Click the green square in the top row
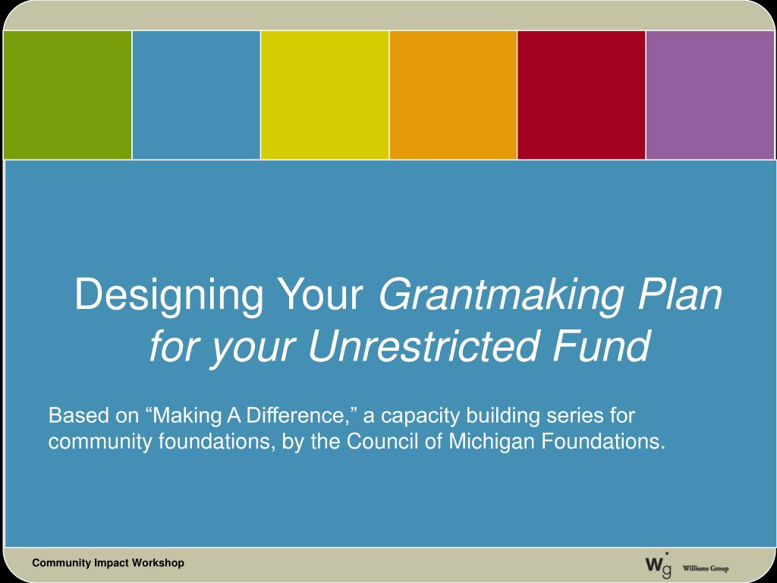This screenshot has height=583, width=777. (x=68, y=95)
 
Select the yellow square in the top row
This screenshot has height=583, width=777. (x=325, y=95)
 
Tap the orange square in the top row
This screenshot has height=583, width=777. (x=453, y=95)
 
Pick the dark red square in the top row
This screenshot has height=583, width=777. (x=581, y=95)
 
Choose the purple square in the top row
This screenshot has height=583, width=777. (x=710, y=95)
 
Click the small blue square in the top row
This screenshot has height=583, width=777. (x=197, y=95)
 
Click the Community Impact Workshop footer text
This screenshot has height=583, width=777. (x=108, y=563)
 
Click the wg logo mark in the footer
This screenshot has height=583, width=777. (x=656, y=565)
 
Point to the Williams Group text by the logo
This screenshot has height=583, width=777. (x=706, y=569)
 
